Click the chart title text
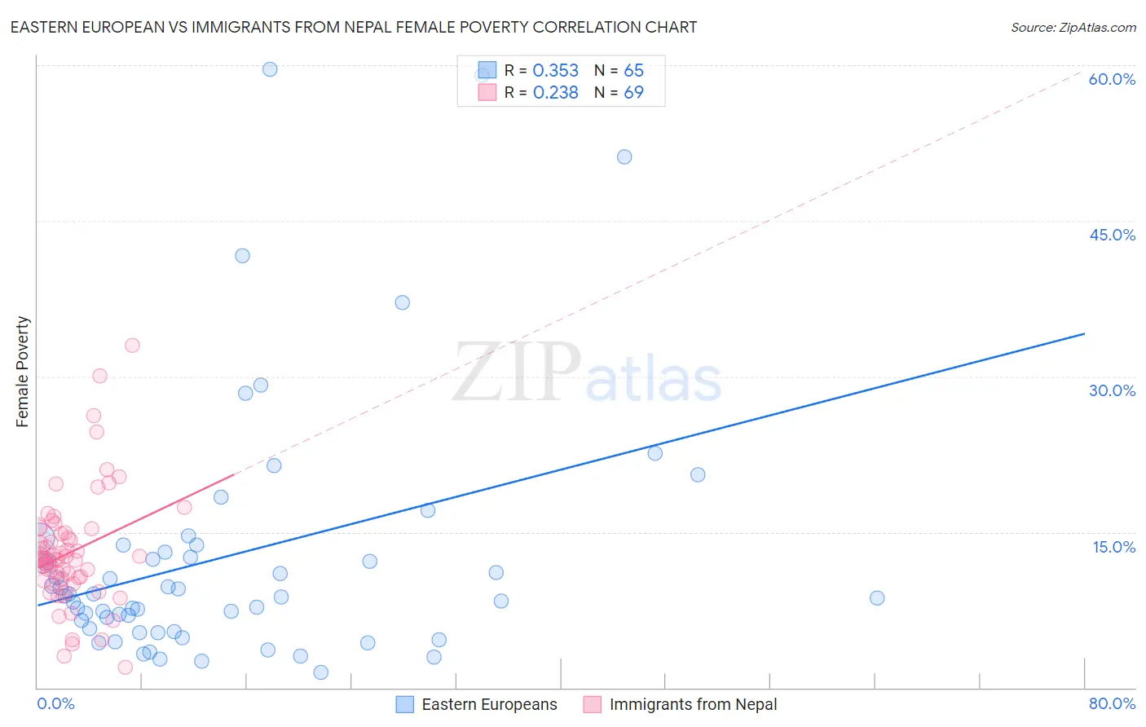point(353,27)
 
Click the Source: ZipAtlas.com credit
point(1073,27)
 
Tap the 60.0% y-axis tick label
point(1112,79)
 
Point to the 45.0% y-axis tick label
point(1112,235)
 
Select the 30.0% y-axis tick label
point(1112,390)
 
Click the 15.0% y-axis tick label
point(1113,547)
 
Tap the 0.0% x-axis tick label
point(55,703)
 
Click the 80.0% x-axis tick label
point(1112,703)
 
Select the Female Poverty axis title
point(23,372)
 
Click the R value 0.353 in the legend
point(555,71)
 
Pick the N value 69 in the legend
point(633,93)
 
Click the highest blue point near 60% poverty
point(270,69)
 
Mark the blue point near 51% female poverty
point(624,157)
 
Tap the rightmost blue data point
point(877,598)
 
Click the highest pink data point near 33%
point(132,346)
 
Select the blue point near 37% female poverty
point(402,302)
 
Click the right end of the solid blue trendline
point(1084,333)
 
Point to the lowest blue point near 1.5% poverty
point(320,672)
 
